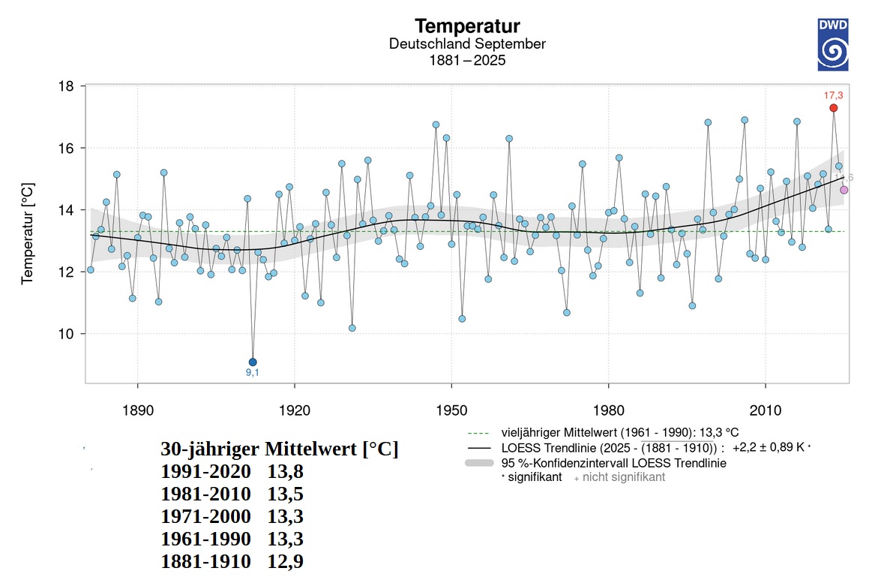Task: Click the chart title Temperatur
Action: click(x=467, y=27)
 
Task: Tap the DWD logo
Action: click(x=832, y=45)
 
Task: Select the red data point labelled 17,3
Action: click(x=833, y=108)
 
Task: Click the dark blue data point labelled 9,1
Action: click(x=253, y=362)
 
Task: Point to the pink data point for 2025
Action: click(x=844, y=190)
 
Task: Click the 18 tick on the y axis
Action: click(x=66, y=86)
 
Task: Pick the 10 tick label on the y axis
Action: click(x=66, y=334)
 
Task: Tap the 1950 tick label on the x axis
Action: click(x=451, y=411)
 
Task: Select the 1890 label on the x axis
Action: click(x=137, y=411)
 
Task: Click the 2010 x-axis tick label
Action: click(x=764, y=411)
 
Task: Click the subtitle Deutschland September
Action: click(x=467, y=44)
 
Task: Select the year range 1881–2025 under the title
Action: click(x=467, y=61)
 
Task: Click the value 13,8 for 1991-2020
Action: click(x=285, y=472)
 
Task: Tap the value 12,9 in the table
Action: click(x=285, y=561)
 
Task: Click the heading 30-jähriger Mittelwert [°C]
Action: click(x=279, y=449)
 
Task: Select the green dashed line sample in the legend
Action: click(x=478, y=433)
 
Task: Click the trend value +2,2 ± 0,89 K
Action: click(x=768, y=447)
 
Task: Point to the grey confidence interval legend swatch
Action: click(x=478, y=463)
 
